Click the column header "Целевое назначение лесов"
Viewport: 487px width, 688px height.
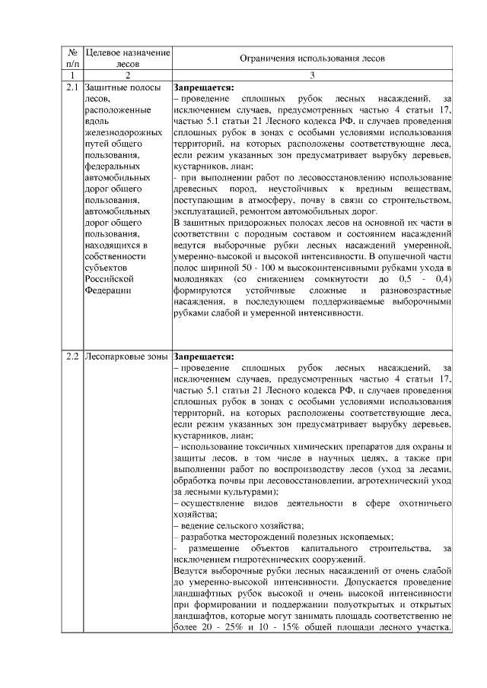[127, 58]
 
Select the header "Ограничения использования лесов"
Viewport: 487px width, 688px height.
[312, 58]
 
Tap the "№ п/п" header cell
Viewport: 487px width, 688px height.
[73, 58]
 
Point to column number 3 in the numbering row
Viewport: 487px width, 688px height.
[312, 76]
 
